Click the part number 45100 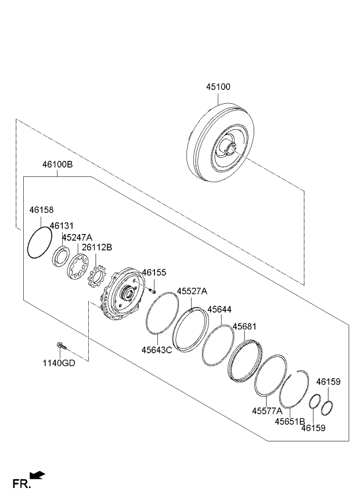[x=218, y=87]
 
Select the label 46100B [x=57, y=164]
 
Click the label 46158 [x=41, y=210]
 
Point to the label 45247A [x=77, y=237]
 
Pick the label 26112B [x=97, y=247]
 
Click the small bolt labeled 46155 [x=152, y=291]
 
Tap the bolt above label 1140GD [x=61, y=346]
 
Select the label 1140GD [x=59, y=363]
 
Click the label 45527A [x=192, y=291]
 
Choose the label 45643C [x=157, y=350]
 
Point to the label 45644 [x=219, y=310]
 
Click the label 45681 [x=244, y=327]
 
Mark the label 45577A [x=267, y=411]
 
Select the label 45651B [x=290, y=421]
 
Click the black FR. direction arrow [x=38, y=476]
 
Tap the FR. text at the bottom [x=21, y=483]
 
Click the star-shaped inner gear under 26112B [x=98, y=277]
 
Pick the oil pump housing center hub [x=128, y=294]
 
